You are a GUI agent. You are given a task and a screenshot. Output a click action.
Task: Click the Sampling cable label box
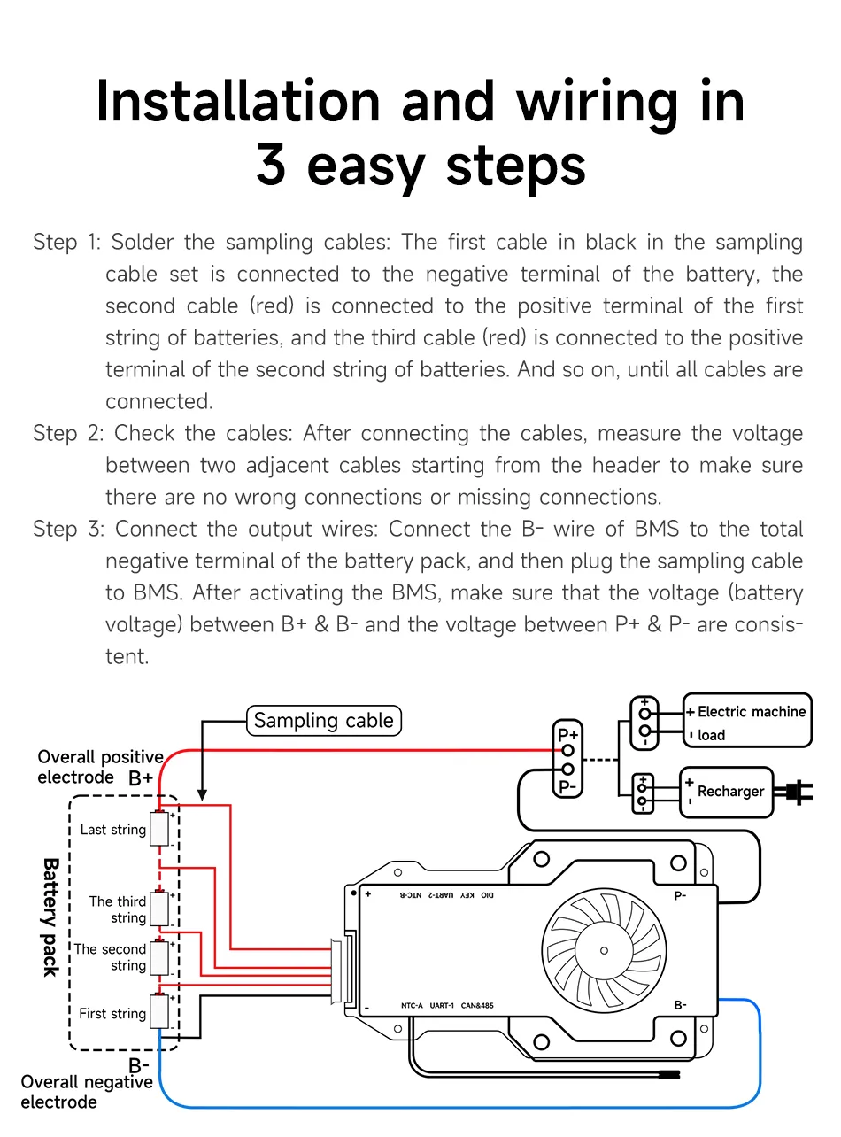pyautogui.click(x=323, y=721)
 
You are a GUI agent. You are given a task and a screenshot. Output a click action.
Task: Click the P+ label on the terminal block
pyautogui.click(x=567, y=734)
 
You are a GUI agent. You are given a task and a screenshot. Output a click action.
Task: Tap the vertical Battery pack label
pyautogui.click(x=50, y=917)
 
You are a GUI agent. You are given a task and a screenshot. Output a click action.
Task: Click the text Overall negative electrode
pyautogui.click(x=86, y=1092)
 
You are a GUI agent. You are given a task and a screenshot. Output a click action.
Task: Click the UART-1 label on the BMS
pyautogui.click(x=442, y=1006)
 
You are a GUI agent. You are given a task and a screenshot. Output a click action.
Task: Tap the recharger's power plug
pyautogui.click(x=799, y=791)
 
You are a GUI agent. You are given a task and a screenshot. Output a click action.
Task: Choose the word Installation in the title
pyautogui.click(x=239, y=102)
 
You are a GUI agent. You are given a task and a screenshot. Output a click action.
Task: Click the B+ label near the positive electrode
pyautogui.click(x=141, y=779)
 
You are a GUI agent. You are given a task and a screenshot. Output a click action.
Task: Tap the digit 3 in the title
pyautogui.click(x=271, y=166)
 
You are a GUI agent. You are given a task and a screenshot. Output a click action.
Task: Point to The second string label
pyautogui.click(x=110, y=956)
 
